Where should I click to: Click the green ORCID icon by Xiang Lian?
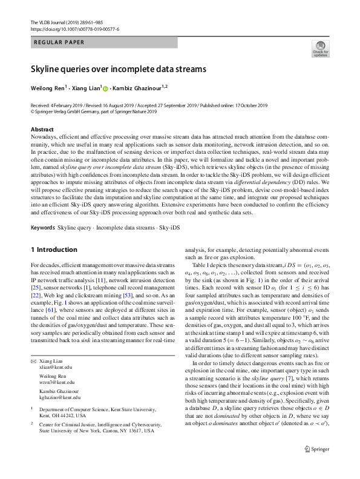(105, 89)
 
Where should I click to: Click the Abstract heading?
(42, 130)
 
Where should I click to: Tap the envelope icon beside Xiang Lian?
(33, 361)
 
